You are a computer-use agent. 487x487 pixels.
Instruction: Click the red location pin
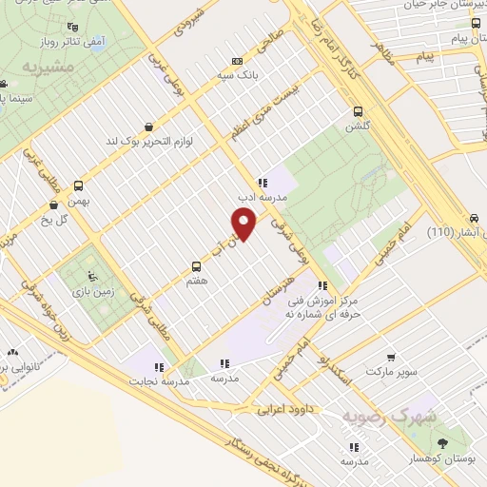pyautogui.click(x=244, y=224)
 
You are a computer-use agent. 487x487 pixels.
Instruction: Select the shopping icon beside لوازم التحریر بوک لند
pyautogui.click(x=147, y=126)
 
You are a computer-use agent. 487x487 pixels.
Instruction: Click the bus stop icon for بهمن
pyautogui.click(x=79, y=186)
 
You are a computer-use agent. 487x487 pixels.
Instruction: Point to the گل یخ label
pyautogui.click(x=66, y=219)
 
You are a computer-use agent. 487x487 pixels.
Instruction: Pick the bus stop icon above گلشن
pyautogui.click(x=359, y=109)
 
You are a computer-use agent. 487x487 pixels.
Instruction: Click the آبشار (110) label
pyautogui.click(x=454, y=232)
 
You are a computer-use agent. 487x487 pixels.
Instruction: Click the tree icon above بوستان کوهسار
pyautogui.click(x=442, y=443)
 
